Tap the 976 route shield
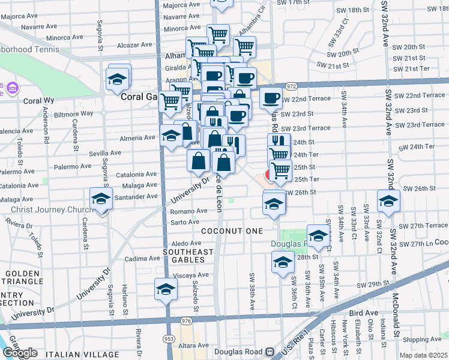(x=186, y=322)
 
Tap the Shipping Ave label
(x=421, y=340)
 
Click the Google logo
(x=20, y=353)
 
